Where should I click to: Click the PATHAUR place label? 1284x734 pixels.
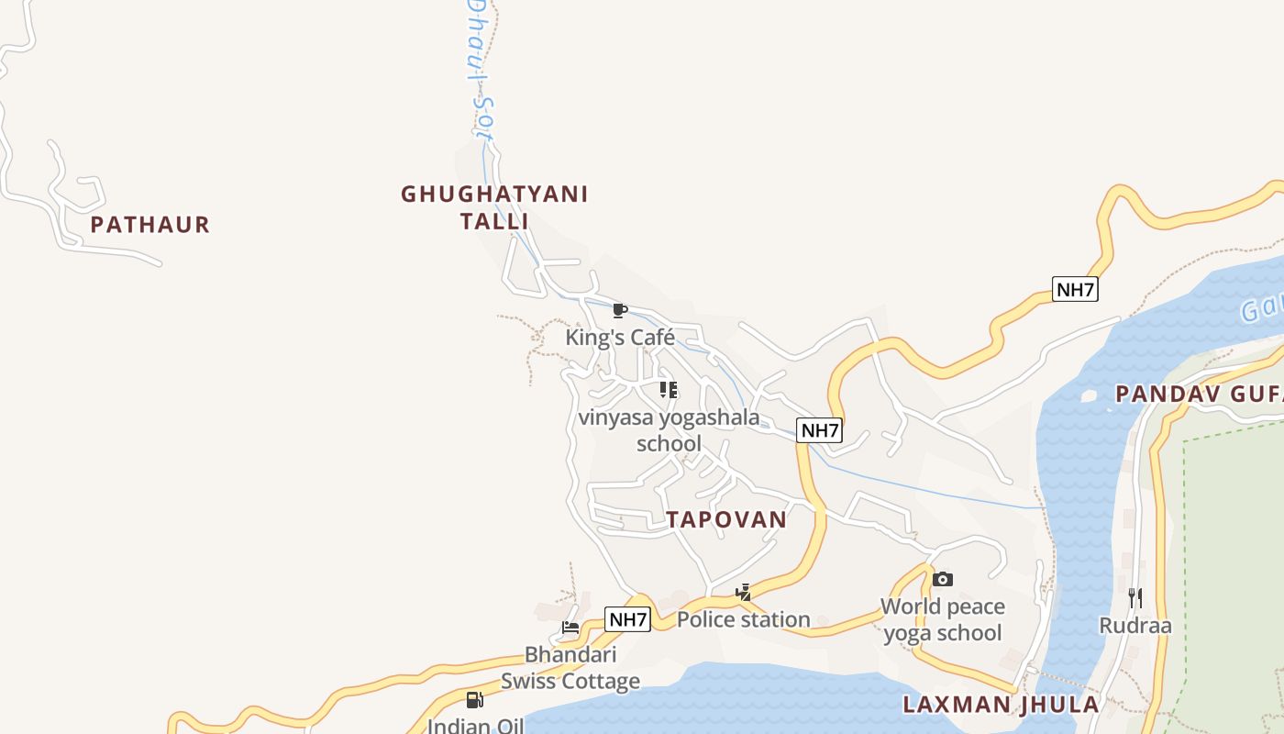click(x=150, y=225)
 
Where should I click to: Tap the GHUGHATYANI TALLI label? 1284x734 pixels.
click(x=494, y=207)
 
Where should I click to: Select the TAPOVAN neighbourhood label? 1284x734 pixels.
click(x=726, y=519)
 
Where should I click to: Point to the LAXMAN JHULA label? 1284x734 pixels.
click(x=1001, y=705)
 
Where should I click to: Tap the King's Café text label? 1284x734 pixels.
click(x=620, y=338)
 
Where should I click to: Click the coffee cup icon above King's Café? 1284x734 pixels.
click(x=620, y=310)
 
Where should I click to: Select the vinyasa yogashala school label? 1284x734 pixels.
click(x=669, y=430)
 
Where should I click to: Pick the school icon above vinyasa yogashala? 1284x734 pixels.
click(x=669, y=390)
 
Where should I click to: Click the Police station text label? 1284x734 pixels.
click(x=744, y=620)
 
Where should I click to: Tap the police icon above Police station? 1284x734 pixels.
click(x=744, y=593)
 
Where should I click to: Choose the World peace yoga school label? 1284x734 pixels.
click(x=943, y=619)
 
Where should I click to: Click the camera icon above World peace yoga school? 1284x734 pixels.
click(x=943, y=579)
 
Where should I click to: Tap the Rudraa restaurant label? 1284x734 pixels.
click(x=1135, y=626)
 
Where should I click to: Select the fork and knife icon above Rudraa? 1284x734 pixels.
click(x=1135, y=598)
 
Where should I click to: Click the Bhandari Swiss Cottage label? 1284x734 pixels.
click(x=570, y=668)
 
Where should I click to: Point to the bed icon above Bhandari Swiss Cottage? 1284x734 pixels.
click(x=570, y=628)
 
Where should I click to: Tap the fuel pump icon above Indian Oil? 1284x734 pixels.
click(x=474, y=700)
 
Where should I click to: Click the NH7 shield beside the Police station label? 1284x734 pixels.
click(x=628, y=619)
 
